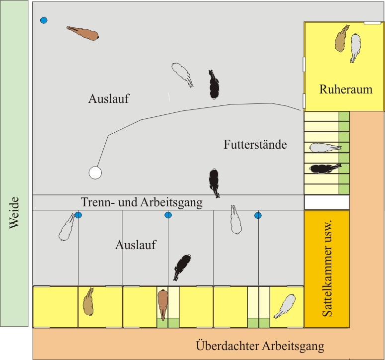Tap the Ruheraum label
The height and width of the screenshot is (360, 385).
(x=345, y=90)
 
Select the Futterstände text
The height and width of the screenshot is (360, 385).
(x=255, y=145)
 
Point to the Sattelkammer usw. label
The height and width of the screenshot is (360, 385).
(x=326, y=269)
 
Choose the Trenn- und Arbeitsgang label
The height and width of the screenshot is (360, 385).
(x=142, y=202)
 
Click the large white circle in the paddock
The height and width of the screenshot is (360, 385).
(x=95, y=173)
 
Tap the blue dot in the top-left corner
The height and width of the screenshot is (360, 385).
(x=44, y=20)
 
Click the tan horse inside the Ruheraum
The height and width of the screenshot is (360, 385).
(x=341, y=39)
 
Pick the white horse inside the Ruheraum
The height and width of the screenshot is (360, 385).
(x=355, y=47)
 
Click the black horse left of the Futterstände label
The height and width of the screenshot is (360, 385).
(x=214, y=181)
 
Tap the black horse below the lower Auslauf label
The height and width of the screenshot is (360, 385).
(x=182, y=267)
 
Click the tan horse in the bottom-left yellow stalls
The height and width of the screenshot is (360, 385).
(x=88, y=301)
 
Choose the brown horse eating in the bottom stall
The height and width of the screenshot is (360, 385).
(x=163, y=303)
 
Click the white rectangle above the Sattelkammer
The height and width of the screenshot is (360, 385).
(x=327, y=202)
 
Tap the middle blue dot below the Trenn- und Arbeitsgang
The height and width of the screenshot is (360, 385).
(x=168, y=215)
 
